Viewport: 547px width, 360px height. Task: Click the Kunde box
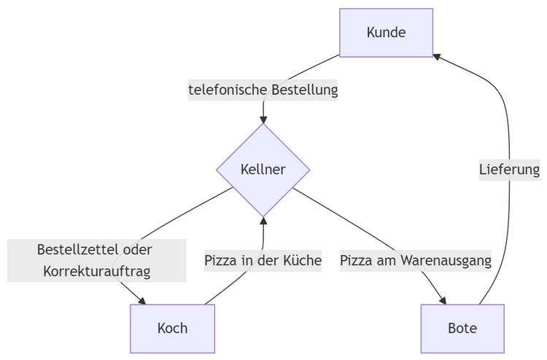(x=386, y=33)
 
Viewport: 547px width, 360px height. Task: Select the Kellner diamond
(x=263, y=170)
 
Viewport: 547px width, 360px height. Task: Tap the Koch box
(x=172, y=328)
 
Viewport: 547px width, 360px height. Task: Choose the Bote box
(x=462, y=328)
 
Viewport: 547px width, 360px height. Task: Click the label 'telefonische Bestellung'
(x=263, y=90)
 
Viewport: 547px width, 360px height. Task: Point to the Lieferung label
(x=509, y=170)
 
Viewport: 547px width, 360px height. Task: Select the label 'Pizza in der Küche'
(x=263, y=260)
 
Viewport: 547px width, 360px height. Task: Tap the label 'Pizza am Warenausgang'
(x=416, y=260)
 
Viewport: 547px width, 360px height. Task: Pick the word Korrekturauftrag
(x=96, y=272)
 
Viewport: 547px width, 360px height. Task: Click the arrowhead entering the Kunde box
(x=436, y=56)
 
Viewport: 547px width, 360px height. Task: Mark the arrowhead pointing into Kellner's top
(x=263, y=119)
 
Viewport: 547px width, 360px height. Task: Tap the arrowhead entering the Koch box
(x=142, y=300)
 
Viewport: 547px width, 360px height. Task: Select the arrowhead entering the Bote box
(x=442, y=300)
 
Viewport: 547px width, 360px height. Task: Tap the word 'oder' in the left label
(x=136, y=249)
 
